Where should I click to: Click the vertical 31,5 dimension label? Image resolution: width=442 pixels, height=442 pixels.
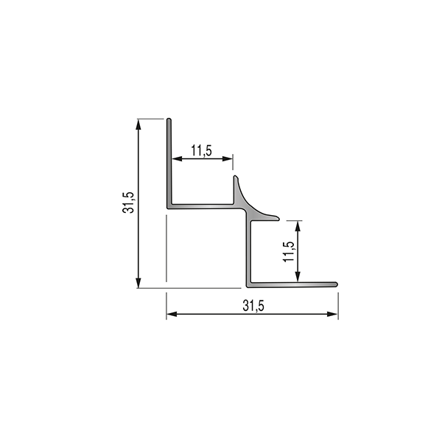[128, 203]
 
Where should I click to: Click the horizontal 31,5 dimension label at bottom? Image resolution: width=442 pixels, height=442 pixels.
[253, 306]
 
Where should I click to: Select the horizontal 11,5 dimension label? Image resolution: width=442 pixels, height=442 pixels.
[202, 150]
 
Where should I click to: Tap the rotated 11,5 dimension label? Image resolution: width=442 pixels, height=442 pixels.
[289, 252]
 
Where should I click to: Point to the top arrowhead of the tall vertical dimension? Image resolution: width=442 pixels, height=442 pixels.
[138, 124]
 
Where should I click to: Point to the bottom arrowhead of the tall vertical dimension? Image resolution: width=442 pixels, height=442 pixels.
[138, 283]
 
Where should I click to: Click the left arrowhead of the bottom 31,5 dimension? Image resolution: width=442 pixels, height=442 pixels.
[172, 314]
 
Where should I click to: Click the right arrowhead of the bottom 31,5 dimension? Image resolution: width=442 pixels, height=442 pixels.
[332, 314]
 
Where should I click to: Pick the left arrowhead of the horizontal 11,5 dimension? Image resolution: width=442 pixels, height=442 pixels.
[177, 159]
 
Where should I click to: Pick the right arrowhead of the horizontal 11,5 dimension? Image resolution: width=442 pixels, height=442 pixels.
[227, 159]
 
